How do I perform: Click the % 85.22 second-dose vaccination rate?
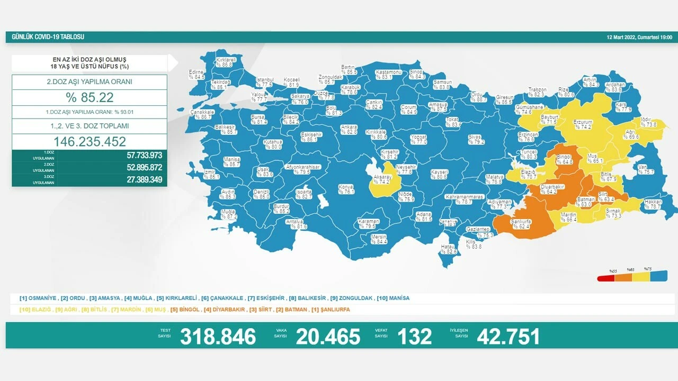pos(90,97)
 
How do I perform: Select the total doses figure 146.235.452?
pos(90,142)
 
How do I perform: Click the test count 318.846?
pos(218,337)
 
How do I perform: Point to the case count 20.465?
pos(328,337)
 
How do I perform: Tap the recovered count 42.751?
pos(508,337)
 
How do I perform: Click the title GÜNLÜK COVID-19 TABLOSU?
pos(48,38)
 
